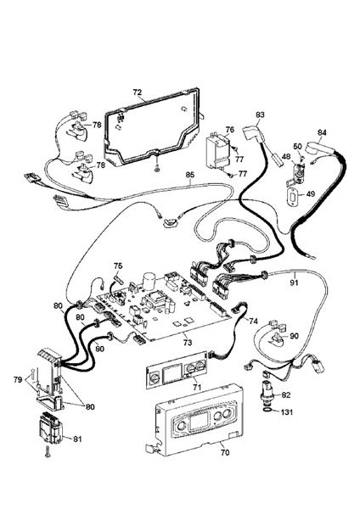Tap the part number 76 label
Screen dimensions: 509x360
coord(230,130)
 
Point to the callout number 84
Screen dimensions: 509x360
coord(322,132)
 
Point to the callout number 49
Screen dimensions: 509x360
coord(310,193)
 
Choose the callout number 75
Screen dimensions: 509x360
coord(118,266)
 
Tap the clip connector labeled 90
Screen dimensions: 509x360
coord(276,337)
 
